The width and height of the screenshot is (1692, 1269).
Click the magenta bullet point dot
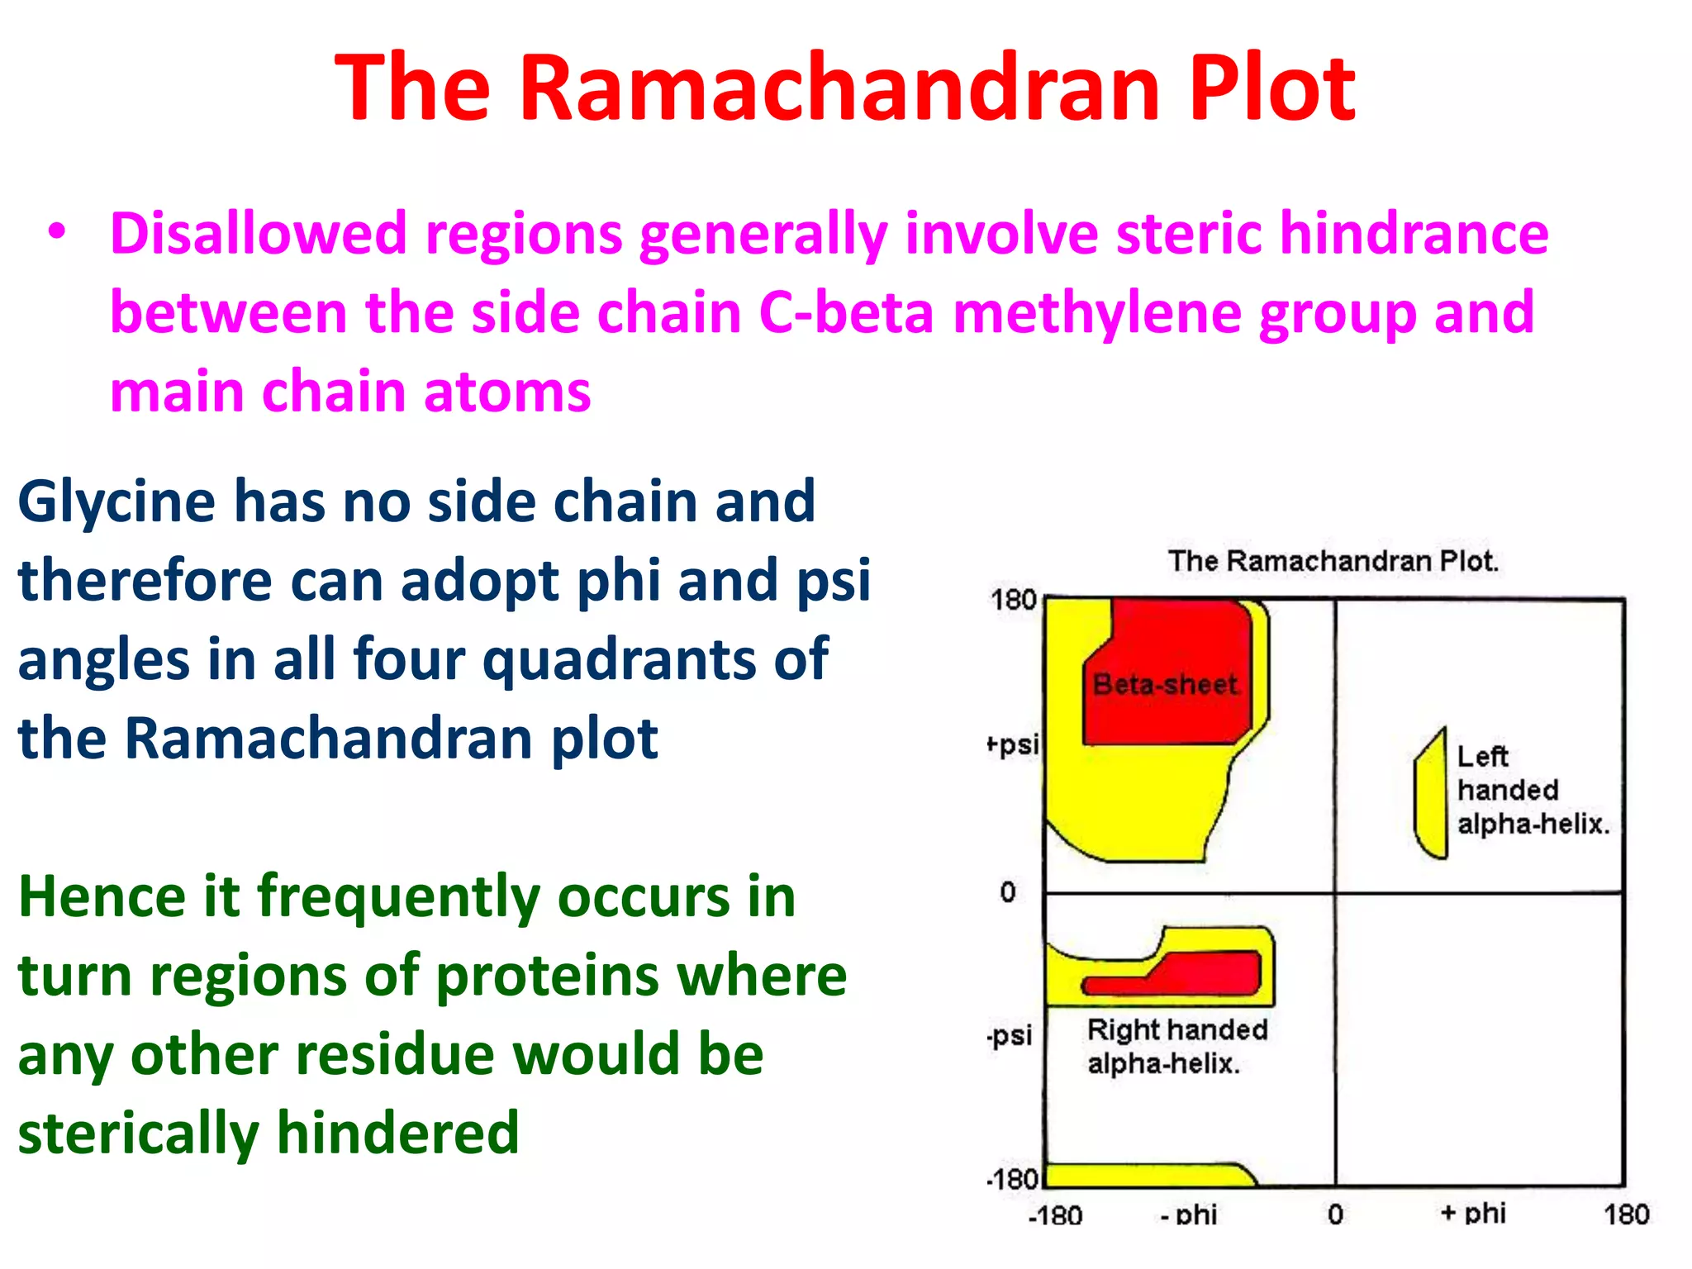point(56,232)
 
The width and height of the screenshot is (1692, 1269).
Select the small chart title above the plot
point(1332,561)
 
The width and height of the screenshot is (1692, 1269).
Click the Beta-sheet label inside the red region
point(1165,684)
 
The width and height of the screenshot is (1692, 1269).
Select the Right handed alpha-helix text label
point(1176,1046)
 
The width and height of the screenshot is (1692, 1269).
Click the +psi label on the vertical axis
point(1013,744)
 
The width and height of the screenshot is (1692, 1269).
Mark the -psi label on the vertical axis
point(1010,1035)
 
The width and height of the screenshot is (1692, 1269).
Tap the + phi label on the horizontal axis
point(1472,1213)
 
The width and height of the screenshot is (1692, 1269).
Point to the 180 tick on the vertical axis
point(1013,600)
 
